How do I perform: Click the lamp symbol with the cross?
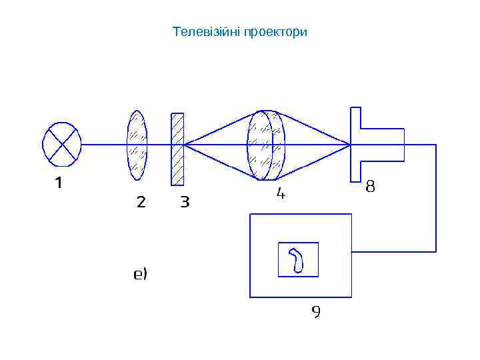click(62, 144)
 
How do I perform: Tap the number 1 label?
click(59, 182)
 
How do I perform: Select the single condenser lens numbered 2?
click(137, 145)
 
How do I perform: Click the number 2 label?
click(141, 201)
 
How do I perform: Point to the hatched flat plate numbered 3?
click(177, 149)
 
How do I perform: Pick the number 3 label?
click(185, 201)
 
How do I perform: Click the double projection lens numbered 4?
click(266, 145)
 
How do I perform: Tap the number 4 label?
click(281, 193)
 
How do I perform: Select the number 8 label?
click(371, 187)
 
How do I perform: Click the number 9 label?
click(316, 311)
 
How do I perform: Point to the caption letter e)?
click(140, 273)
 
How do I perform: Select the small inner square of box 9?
click(297, 259)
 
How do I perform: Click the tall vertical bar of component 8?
click(355, 143)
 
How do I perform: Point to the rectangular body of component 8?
click(382, 144)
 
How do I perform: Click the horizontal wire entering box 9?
click(393, 251)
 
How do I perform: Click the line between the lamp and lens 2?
click(104, 144)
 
